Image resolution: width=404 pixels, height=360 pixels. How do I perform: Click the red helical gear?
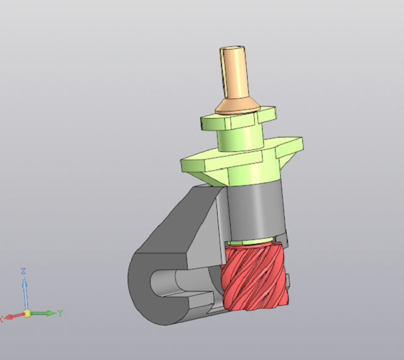coord(255,277)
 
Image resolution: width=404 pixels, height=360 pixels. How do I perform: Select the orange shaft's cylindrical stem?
coord(234,74)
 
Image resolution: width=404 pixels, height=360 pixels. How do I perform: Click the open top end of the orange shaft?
coord(232,48)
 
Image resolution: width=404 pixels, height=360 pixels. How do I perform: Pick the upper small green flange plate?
coord(238,118)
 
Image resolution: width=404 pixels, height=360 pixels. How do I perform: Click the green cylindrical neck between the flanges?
coord(241,140)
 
